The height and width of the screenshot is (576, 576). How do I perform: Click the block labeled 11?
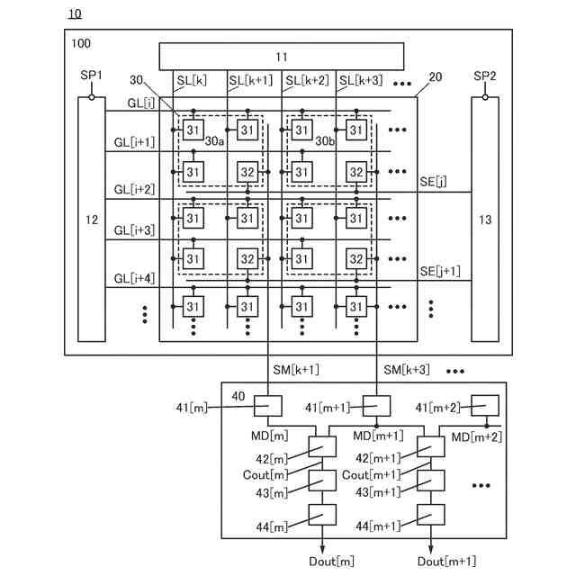(x=282, y=57)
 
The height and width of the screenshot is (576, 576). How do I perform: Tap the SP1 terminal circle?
(x=92, y=97)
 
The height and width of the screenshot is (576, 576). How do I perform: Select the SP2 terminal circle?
(x=485, y=97)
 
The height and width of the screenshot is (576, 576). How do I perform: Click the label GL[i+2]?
(x=134, y=190)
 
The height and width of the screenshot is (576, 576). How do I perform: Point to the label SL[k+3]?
(x=361, y=80)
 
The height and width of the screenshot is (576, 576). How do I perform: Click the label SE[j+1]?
(x=440, y=272)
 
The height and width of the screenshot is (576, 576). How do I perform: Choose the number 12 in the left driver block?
(x=92, y=220)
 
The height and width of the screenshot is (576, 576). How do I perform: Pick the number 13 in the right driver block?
(x=485, y=220)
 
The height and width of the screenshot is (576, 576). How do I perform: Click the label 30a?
(x=214, y=141)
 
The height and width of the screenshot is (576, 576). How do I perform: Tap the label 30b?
(x=325, y=141)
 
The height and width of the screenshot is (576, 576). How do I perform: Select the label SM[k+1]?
(x=296, y=370)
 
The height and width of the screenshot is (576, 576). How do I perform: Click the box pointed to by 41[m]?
(x=268, y=406)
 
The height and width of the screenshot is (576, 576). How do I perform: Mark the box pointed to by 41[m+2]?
(x=485, y=406)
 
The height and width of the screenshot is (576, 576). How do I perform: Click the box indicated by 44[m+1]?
(x=431, y=514)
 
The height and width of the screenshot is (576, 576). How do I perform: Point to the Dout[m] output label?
(x=331, y=562)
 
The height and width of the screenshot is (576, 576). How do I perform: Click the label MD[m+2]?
(x=476, y=437)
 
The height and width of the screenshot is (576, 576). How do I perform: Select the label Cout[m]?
(x=265, y=475)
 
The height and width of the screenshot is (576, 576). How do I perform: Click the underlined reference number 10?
(x=75, y=14)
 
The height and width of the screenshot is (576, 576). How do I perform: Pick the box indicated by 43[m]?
(x=322, y=481)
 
